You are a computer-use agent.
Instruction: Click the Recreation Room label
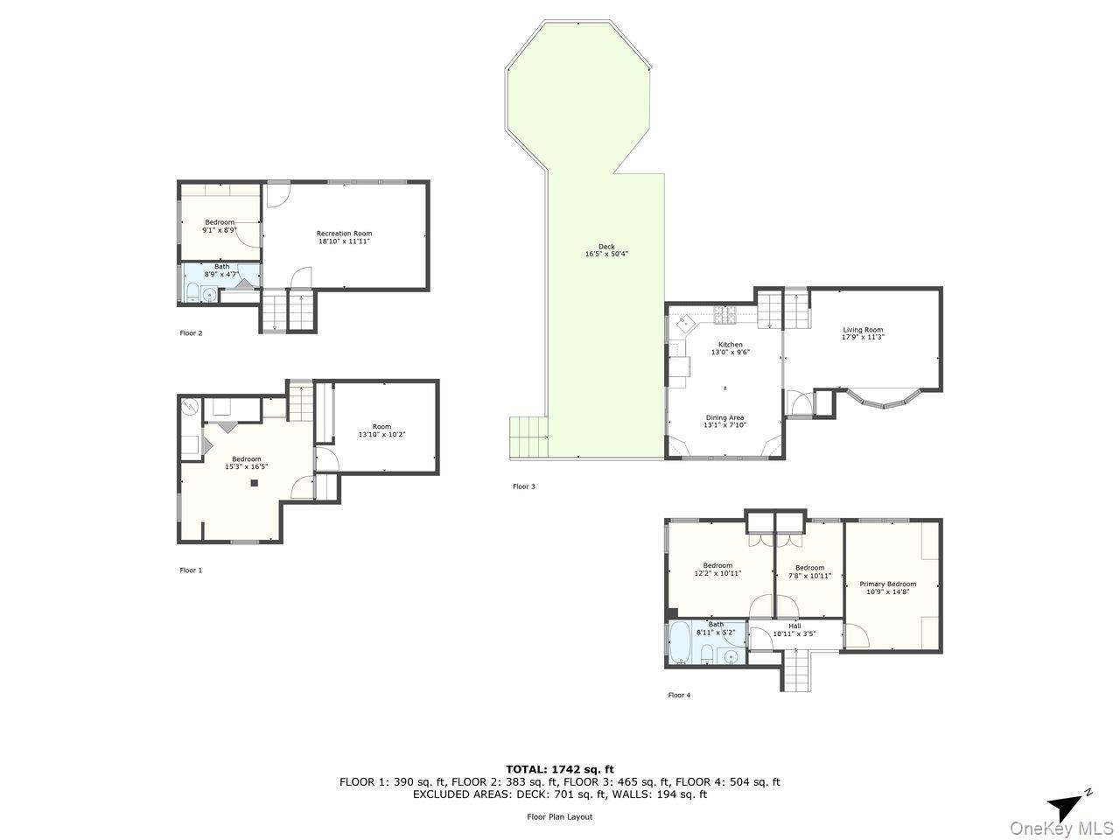344,234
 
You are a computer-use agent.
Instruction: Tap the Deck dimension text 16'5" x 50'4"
606,255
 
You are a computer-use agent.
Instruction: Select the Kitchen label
730,345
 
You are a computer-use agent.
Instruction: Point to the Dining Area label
724,417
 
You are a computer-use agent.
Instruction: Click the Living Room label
862,330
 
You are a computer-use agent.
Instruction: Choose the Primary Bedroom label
887,584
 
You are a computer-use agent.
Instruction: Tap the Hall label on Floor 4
794,626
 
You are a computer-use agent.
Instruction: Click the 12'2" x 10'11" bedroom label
717,570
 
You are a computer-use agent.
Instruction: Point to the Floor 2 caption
191,333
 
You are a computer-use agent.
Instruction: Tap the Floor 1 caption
191,570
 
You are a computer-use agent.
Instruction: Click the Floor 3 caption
523,486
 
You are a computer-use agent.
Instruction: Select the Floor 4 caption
679,696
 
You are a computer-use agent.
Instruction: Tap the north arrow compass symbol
1067,804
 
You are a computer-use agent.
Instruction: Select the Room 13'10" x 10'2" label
381,430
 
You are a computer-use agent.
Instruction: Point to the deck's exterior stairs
528,437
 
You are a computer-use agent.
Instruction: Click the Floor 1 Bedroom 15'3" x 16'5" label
246,463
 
